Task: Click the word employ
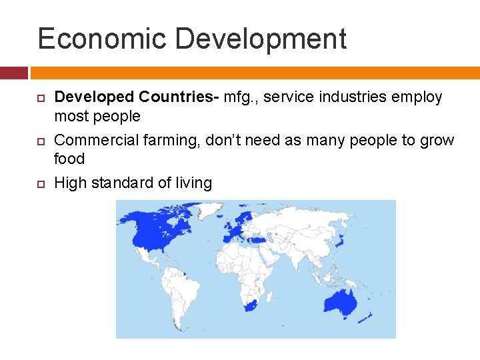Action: pyautogui.click(x=419, y=98)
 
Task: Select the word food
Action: pyautogui.click(x=69, y=159)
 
